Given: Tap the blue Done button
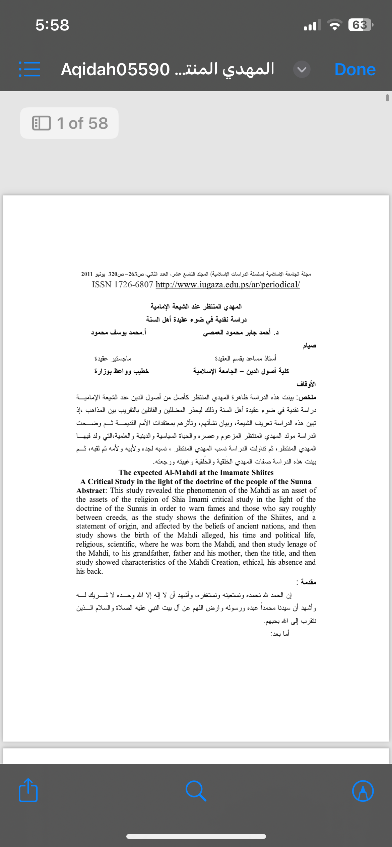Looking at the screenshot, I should pyautogui.click(x=355, y=70).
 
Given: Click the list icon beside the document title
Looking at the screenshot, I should pyautogui.click(x=29, y=69).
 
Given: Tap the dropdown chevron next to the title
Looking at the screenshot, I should pyautogui.click(x=302, y=70).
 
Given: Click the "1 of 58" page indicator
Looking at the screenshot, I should pyautogui.click(x=69, y=123).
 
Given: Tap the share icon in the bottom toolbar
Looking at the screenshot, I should pyautogui.click(x=28, y=791).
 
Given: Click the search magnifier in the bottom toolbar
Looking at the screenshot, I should pyautogui.click(x=196, y=791).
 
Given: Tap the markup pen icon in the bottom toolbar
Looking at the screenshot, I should pyautogui.click(x=363, y=791).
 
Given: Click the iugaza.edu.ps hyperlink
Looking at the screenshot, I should pyautogui.click(x=227, y=284).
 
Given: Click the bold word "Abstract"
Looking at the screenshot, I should pyautogui.click(x=90, y=490).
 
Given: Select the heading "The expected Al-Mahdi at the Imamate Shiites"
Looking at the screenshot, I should pyautogui.click(x=196, y=472).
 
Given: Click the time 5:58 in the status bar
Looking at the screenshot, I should pyautogui.click(x=52, y=25).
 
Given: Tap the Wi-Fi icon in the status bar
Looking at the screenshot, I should pyautogui.click(x=334, y=25).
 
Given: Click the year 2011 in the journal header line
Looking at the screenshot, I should pyautogui.click(x=87, y=274).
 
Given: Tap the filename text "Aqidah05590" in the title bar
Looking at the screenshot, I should pyautogui.click(x=115, y=70).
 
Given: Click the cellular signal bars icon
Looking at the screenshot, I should pyautogui.click(x=312, y=25).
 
